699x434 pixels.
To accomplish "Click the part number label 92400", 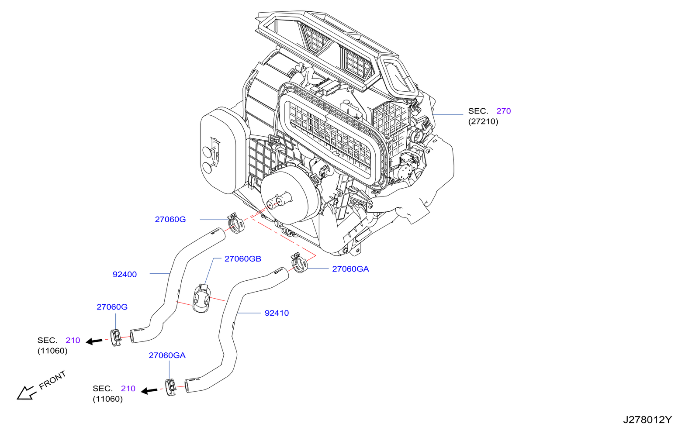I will pyautogui.click(x=125, y=274).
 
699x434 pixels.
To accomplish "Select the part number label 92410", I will pyautogui.click(x=277, y=313).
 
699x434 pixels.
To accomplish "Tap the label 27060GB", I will pyautogui.click(x=242, y=259).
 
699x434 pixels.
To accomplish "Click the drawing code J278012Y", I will pyautogui.click(x=647, y=420).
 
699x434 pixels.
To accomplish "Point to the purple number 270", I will pyautogui.click(x=503, y=111).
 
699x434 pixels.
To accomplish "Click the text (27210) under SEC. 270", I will pyautogui.click(x=483, y=121).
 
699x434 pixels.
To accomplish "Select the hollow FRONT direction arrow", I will pyautogui.click(x=26, y=393).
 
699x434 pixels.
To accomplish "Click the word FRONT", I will pyautogui.click(x=52, y=380).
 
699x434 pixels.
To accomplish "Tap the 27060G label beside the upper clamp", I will pyautogui.click(x=170, y=219).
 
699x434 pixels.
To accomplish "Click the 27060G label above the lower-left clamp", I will pyautogui.click(x=112, y=307).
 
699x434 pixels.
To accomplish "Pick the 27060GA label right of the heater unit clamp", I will pyautogui.click(x=350, y=269).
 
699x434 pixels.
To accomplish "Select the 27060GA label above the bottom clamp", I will pyautogui.click(x=167, y=355).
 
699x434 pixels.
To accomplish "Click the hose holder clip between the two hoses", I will pyautogui.click(x=201, y=299).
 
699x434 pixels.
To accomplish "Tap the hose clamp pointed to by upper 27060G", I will pyautogui.click(x=236, y=223).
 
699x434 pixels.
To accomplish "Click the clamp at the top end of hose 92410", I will pyautogui.click(x=299, y=263).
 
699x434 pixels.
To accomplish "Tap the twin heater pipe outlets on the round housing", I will pyautogui.click(x=278, y=201).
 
